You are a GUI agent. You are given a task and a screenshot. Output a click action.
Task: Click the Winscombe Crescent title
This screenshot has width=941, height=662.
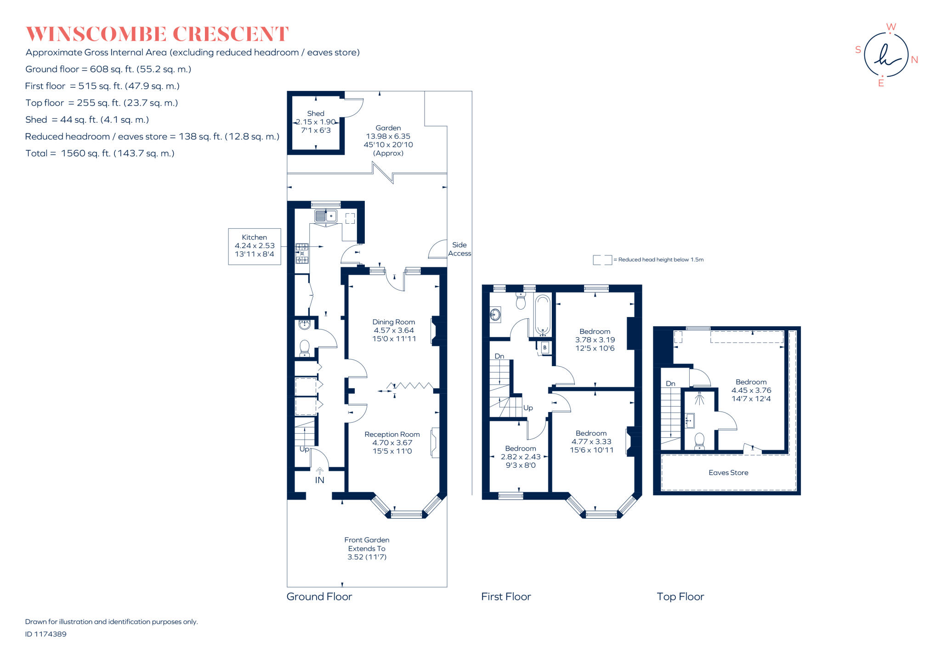tap(157, 34)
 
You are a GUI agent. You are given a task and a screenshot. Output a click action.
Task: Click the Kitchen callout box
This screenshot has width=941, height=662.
tap(255, 246)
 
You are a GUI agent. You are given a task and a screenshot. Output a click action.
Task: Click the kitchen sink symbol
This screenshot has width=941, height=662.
tap(326, 215)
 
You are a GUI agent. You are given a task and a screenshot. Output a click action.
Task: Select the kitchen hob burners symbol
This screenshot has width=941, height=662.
tap(302, 253)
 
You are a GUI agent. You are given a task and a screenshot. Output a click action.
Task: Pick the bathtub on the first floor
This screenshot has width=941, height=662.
tap(543, 316)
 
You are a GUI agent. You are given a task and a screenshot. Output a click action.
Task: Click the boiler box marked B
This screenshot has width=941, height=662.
tap(545, 347)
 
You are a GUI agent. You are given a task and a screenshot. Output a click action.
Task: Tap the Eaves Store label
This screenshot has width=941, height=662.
tap(728, 472)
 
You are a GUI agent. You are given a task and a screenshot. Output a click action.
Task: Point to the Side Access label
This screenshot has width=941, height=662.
tap(459, 249)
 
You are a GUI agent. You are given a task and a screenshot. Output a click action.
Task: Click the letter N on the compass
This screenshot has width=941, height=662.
tap(914, 60)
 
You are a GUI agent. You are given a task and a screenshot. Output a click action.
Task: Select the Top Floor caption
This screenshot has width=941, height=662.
tap(680, 596)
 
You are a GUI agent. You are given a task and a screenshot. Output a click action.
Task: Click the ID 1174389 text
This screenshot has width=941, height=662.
tap(46, 634)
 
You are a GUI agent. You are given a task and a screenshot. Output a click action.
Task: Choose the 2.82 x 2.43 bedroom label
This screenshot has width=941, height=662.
tap(521, 457)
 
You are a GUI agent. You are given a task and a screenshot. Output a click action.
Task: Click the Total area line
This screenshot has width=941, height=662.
tap(100, 153)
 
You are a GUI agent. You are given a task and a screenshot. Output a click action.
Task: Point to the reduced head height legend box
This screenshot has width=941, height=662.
tap(602, 260)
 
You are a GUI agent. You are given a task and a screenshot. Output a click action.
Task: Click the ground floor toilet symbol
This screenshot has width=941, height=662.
tap(304, 348)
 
